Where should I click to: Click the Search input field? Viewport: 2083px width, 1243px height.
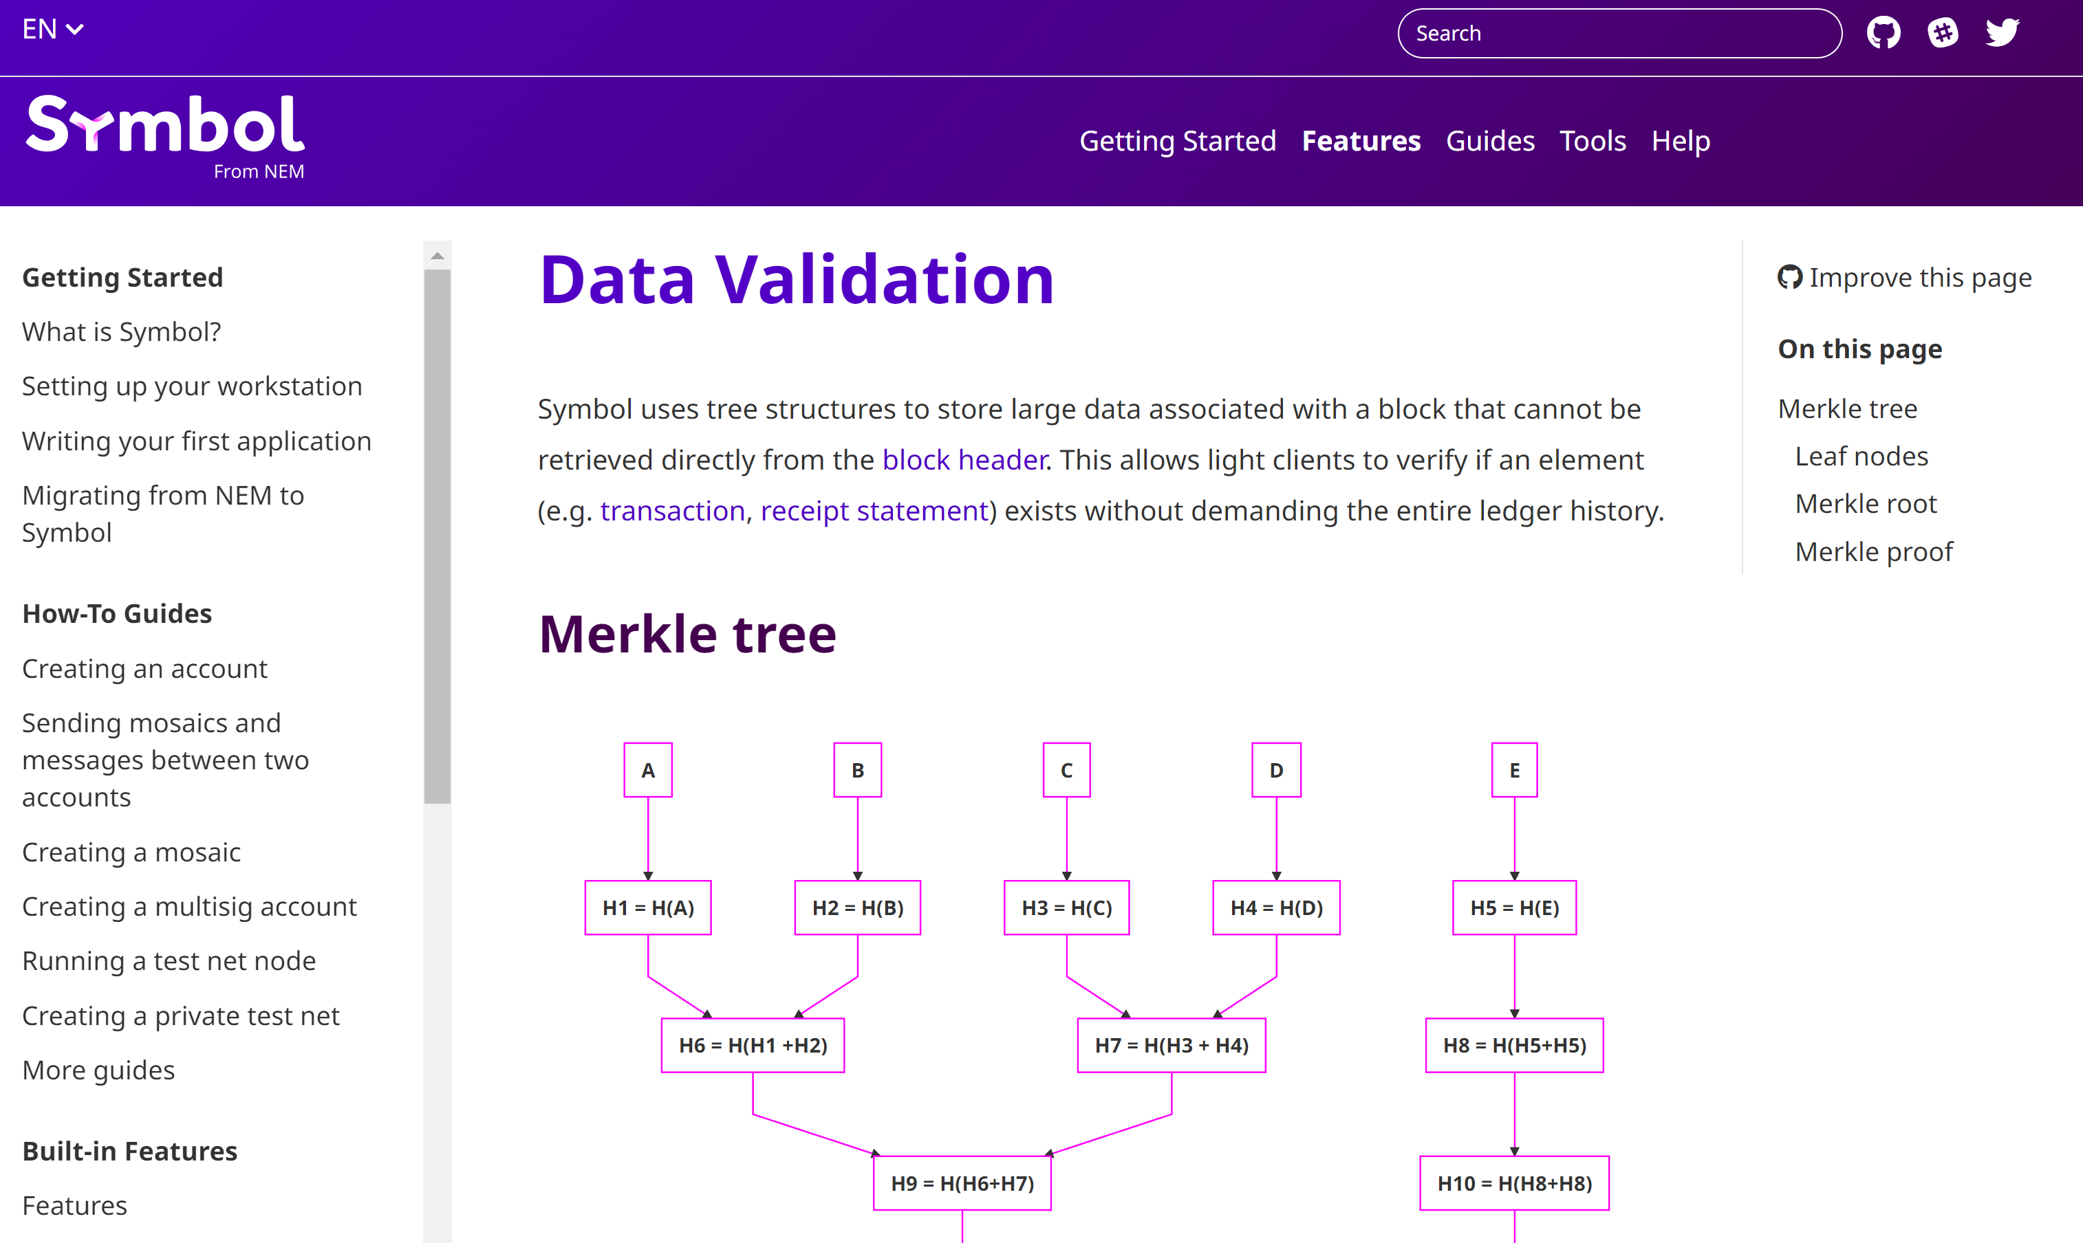(x=1619, y=34)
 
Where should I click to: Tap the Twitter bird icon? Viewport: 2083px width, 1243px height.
(x=2002, y=33)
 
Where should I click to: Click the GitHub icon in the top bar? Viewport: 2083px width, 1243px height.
(x=1884, y=33)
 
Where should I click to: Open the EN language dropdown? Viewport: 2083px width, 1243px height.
(x=52, y=30)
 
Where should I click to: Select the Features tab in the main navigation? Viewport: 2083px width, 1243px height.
(x=1361, y=141)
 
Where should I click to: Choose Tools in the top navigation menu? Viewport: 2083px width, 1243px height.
(x=1592, y=141)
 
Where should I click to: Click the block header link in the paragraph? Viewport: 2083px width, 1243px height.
(x=964, y=460)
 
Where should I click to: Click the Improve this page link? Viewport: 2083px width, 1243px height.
(x=1905, y=277)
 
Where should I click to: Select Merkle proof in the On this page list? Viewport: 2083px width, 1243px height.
(x=1873, y=551)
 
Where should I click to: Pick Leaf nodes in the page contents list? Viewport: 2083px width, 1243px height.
(x=1861, y=456)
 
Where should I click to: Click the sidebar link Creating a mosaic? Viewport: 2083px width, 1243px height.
(x=131, y=852)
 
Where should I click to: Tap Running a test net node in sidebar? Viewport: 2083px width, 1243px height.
(x=169, y=960)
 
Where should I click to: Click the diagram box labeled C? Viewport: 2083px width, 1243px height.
(x=1067, y=770)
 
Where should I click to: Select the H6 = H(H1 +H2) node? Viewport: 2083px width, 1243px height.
(x=753, y=1044)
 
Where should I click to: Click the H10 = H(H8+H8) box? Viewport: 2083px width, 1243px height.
(x=1514, y=1182)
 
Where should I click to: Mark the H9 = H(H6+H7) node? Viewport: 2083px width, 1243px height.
(x=962, y=1182)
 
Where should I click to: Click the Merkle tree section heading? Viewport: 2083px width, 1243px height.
(x=687, y=633)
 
